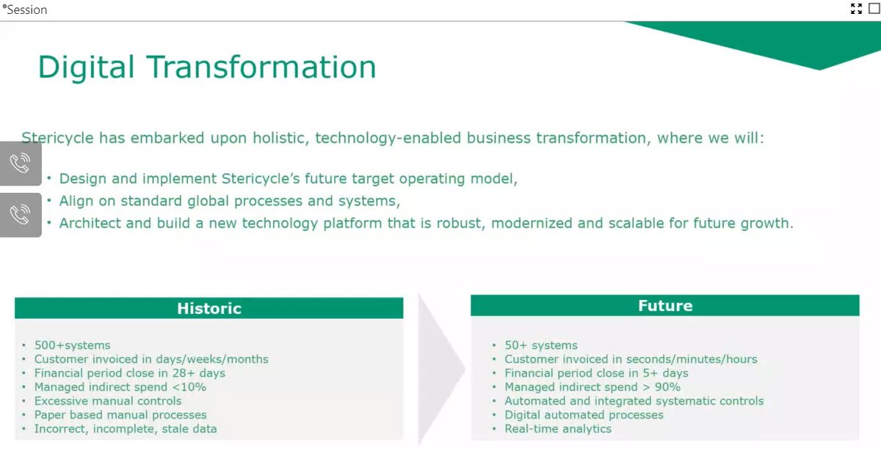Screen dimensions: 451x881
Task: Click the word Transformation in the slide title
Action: pyautogui.click(x=261, y=67)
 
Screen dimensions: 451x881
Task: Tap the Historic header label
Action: pyautogui.click(x=209, y=309)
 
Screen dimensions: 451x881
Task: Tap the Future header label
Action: pyautogui.click(x=665, y=306)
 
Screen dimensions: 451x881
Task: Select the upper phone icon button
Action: pyautogui.click(x=20, y=164)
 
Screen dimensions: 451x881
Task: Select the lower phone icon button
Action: pyautogui.click(x=20, y=215)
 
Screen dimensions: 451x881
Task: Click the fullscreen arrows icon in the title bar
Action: pyautogui.click(x=856, y=9)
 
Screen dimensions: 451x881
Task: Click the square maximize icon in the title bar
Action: pyautogui.click(x=874, y=9)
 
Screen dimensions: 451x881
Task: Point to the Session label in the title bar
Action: pyautogui.click(x=26, y=10)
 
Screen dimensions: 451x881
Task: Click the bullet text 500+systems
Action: pyautogui.click(x=72, y=345)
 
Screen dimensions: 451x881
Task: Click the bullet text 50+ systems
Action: pyautogui.click(x=541, y=345)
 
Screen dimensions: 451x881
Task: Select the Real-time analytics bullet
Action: pyautogui.click(x=558, y=429)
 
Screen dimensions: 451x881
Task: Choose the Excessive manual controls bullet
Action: pyautogui.click(x=108, y=401)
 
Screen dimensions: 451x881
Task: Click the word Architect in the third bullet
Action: pyautogui.click(x=89, y=223)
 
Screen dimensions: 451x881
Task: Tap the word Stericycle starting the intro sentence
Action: pyautogui.click(x=59, y=138)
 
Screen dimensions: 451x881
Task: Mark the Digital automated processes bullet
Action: pyautogui.click(x=584, y=415)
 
